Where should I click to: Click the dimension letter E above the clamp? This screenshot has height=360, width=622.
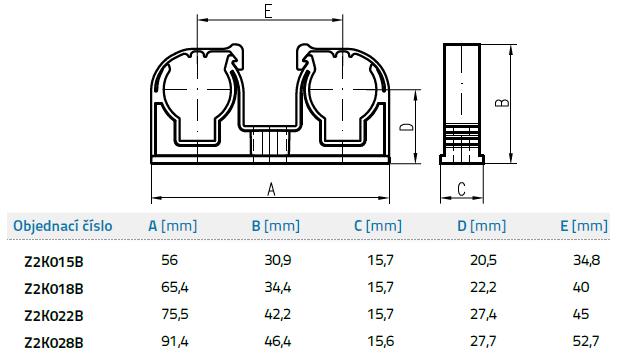[x=269, y=11]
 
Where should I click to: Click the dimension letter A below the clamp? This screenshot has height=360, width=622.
[x=271, y=189]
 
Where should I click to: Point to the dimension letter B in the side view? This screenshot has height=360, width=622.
[x=502, y=102]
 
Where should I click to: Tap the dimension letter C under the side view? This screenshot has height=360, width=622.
[x=461, y=189]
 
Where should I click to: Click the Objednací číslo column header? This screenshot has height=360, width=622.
[x=63, y=226]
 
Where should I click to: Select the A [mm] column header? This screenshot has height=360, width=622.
[x=173, y=226]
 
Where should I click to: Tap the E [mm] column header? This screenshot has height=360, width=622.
[x=584, y=226]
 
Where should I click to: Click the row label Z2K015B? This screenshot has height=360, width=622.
[x=54, y=262]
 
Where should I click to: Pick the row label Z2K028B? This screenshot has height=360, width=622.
[x=54, y=343]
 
